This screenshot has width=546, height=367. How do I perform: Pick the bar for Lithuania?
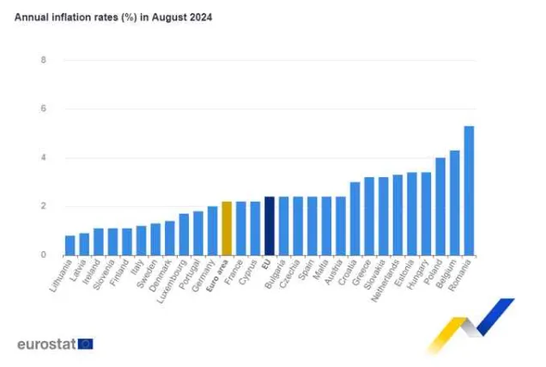pos(70,245)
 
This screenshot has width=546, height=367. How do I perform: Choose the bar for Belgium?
pos(455,203)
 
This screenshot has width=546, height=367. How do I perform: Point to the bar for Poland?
pos(440,206)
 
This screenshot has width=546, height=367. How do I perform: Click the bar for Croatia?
pos(355,218)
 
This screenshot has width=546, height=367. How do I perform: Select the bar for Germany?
pos(212,231)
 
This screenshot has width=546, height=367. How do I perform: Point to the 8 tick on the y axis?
pos(43,60)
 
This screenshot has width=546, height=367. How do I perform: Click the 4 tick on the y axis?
pos(43,158)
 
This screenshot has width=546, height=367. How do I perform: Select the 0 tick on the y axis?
pos(43,255)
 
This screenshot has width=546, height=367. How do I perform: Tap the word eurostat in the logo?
pos(45,344)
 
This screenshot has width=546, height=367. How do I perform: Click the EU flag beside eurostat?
pos(85,344)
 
